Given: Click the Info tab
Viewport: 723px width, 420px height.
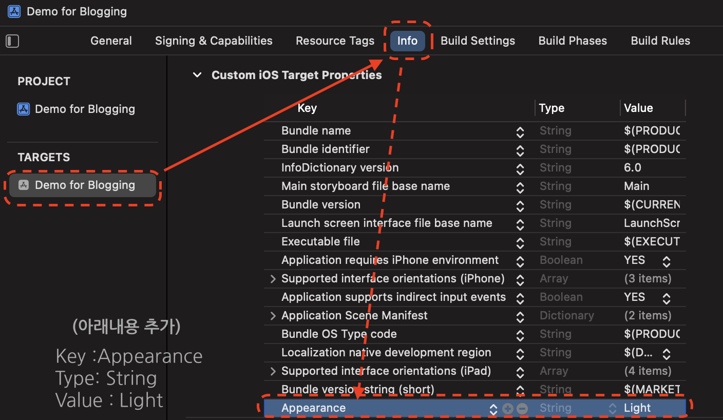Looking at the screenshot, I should pyautogui.click(x=407, y=41).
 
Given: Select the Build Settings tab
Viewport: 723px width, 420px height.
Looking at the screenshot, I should pyautogui.click(x=478, y=41).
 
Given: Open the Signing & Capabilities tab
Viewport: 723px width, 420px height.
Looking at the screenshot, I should pyautogui.click(x=214, y=41).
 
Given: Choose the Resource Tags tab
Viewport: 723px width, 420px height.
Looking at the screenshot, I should pyautogui.click(x=335, y=41).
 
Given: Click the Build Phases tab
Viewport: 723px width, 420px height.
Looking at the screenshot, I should pyautogui.click(x=573, y=41).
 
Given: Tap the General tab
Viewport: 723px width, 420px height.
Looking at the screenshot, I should pyautogui.click(x=111, y=41).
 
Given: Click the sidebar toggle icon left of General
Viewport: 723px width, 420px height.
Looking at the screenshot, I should pyautogui.click(x=12, y=41).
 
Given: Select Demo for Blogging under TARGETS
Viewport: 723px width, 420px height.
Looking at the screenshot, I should pyautogui.click(x=84, y=185).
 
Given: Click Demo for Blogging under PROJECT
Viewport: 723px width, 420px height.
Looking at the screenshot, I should pyautogui.click(x=84, y=109).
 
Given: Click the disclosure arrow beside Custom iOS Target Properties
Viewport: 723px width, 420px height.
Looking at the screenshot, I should pyautogui.click(x=197, y=75).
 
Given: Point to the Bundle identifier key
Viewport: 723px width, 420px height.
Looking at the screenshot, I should pyautogui.click(x=326, y=149).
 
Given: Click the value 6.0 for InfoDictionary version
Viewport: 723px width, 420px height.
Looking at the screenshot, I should pyautogui.click(x=633, y=167).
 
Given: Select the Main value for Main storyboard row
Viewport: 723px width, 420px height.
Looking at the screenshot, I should pyautogui.click(x=637, y=186).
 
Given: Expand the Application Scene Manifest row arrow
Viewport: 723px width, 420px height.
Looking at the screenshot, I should pyautogui.click(x=273, y=315).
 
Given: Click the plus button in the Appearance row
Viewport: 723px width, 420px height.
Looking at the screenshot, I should pyautogui.click(x=508, y=409).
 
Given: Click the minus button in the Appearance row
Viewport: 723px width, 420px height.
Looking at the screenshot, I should pyautogui.click(x=522, y=409).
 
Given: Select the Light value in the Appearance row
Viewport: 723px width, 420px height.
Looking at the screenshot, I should pyautogui.click(x=637, y=408).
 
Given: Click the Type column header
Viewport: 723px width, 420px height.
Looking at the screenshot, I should pyautogui.click(x=551, y=108).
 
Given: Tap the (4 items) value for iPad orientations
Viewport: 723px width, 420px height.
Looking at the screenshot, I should pyautogui.click(x=648, y=371).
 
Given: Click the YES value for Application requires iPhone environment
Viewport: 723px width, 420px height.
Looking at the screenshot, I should pyautogui.click(x=635, y=260).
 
